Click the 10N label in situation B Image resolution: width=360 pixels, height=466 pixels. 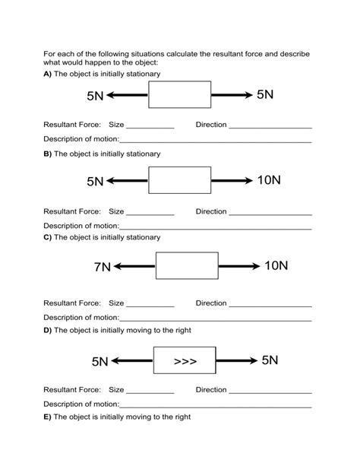269,180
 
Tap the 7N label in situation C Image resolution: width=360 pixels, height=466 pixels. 102,267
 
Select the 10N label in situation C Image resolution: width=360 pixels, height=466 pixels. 276,266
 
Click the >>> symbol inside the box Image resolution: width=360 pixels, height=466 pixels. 185,361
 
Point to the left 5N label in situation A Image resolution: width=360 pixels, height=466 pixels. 95,96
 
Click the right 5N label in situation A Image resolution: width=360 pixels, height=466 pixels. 265,94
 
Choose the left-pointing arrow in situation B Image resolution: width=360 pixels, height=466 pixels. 127,181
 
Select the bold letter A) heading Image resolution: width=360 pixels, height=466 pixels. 47,74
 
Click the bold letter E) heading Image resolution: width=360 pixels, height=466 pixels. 47,417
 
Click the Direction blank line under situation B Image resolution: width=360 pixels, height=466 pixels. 270,214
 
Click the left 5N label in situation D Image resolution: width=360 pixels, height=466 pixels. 99,361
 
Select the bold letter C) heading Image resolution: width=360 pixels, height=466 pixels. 47,237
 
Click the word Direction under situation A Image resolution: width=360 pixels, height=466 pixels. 211,124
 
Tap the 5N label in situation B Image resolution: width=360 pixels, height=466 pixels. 95,182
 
